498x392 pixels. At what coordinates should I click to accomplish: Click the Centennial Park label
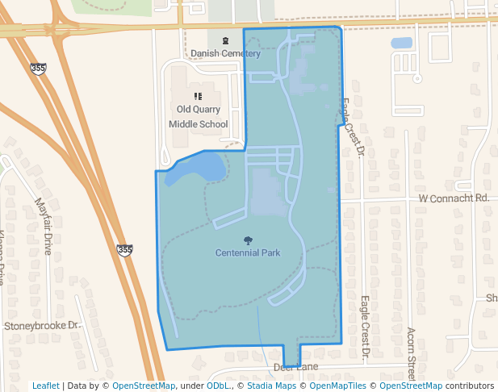248,252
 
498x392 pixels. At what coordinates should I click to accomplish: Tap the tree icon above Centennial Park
248,240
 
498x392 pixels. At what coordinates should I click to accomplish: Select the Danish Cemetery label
225,54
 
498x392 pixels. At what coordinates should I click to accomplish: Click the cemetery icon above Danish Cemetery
224,41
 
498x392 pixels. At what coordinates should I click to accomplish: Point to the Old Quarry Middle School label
198,116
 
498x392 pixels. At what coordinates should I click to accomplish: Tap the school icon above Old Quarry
199,96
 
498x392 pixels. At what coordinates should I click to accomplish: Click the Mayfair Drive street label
43,227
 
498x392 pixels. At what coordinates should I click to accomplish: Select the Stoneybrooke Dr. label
43,326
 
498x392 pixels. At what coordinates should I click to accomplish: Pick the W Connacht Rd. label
454,198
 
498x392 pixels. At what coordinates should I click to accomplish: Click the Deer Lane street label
296,368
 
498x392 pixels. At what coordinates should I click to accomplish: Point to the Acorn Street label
411,354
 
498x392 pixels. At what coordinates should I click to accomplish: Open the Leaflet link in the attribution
45,386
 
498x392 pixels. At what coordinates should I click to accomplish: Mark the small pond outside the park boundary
401,43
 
